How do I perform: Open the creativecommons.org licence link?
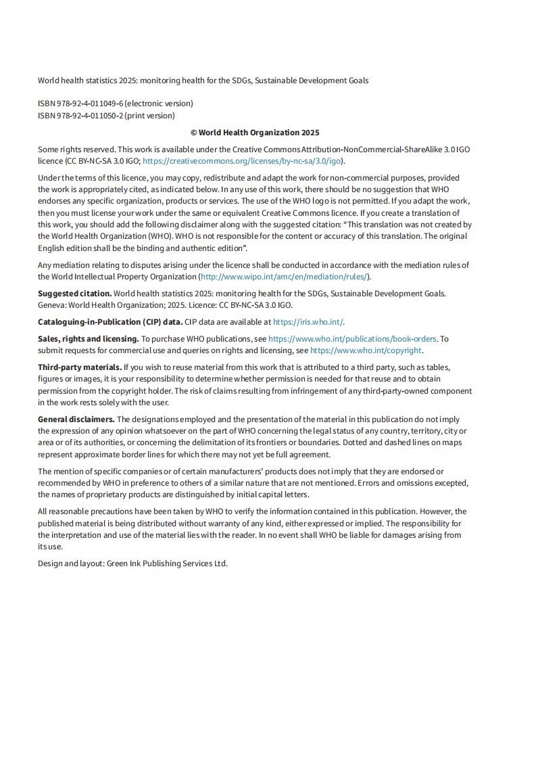(243, 161)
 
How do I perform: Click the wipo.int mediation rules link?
(284, 277)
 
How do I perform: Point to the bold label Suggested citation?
(74, 294)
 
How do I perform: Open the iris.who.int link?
(318, 322)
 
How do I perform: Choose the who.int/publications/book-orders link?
(353, 338)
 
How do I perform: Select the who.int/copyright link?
(366, 350)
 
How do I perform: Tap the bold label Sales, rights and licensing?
(89, 338)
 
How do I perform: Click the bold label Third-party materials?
(80, 367)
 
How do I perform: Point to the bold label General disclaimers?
(76, 419)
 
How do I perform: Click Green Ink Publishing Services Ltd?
(167, 563)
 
